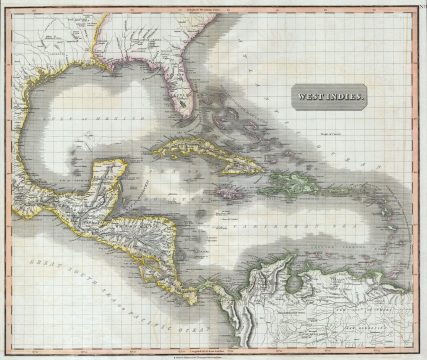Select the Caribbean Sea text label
pos(290,228)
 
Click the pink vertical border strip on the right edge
pos(418,180)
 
